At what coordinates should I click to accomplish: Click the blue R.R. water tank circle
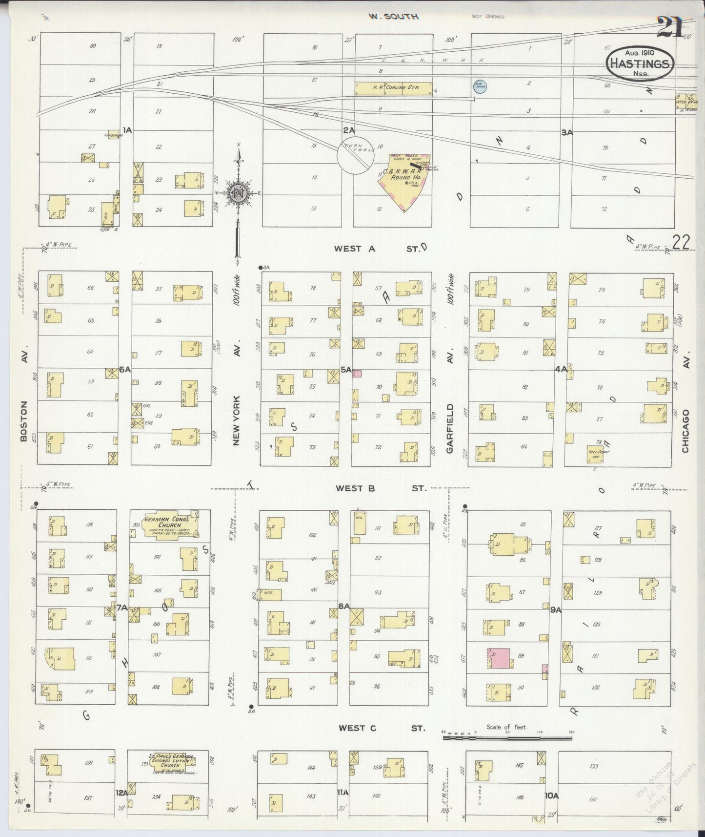tap(480, 86)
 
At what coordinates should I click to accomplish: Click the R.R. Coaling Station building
tap(393, 88)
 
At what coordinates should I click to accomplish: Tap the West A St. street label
tap(376, 249)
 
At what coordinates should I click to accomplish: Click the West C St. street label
tap(381, 728)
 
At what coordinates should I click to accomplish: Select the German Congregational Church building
tap(166, 524)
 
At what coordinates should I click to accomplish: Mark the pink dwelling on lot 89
tap(498, 658)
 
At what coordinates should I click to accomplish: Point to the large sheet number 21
tap(669, 27)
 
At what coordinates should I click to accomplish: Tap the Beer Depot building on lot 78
tap(595, 454)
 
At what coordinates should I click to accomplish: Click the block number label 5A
tap(346, 370)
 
